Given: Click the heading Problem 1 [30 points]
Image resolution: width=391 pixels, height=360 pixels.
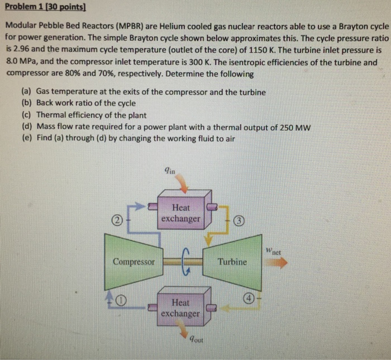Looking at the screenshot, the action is [45, 7].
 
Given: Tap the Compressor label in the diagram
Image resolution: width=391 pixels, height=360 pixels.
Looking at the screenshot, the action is [133, 262].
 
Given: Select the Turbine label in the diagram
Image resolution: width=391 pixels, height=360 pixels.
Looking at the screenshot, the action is [232, 262].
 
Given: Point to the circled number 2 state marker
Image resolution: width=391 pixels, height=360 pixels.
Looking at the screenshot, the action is [117, 220].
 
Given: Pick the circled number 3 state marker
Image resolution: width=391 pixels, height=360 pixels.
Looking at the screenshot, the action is [239, 220].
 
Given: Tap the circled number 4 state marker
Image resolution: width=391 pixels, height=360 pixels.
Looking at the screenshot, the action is [249, 298].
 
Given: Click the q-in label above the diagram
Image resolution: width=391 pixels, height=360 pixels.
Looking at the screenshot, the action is [170, 170].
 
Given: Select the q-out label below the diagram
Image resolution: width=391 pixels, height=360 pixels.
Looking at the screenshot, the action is [196, 339].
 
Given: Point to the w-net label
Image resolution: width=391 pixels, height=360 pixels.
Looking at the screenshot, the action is [273, 251].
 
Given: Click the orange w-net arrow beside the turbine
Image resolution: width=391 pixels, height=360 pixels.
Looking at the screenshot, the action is [276, 262].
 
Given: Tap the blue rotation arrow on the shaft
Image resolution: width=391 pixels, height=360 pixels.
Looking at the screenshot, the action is [186, 262].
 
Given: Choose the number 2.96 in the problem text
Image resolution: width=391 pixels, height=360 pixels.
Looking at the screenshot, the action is [21, 49].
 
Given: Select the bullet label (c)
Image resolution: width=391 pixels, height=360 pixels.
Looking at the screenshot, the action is [26, 115].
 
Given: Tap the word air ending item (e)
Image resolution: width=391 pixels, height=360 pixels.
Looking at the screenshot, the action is [230, 139].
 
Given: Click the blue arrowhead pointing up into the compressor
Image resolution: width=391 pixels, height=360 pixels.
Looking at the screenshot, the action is [109, 296].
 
